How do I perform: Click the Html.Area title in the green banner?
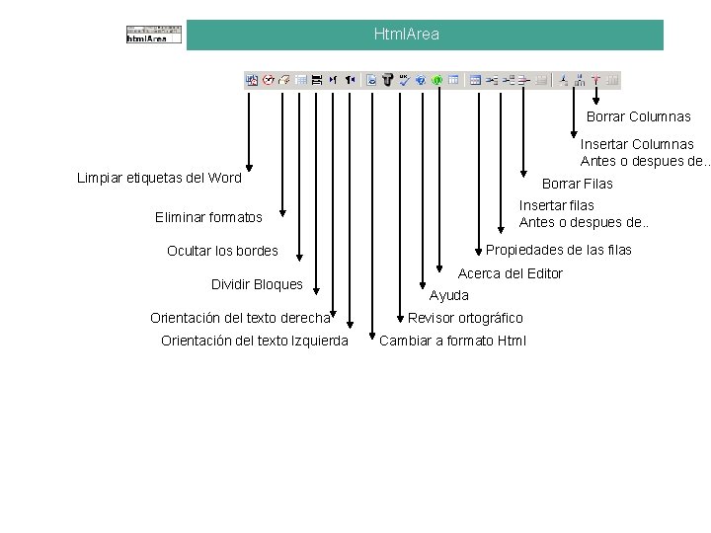[407, 35]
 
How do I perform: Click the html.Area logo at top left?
[154, 34]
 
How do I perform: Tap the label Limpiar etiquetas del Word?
[159, 178]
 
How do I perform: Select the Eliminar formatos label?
[208, 216]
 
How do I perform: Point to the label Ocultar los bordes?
[222, 251]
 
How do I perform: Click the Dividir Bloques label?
[257, 284]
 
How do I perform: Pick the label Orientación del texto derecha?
[240, 318]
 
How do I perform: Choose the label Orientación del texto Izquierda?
[254, 341]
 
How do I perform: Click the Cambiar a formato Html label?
[452, 341]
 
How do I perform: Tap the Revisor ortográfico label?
[465, 318]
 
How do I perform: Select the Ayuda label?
[449, 295]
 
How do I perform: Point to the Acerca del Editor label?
[510, 273]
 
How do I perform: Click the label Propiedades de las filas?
[558, 250]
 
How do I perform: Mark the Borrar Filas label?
[577, 184]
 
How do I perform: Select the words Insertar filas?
[557, 205]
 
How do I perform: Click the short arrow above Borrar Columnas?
[596, 97]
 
